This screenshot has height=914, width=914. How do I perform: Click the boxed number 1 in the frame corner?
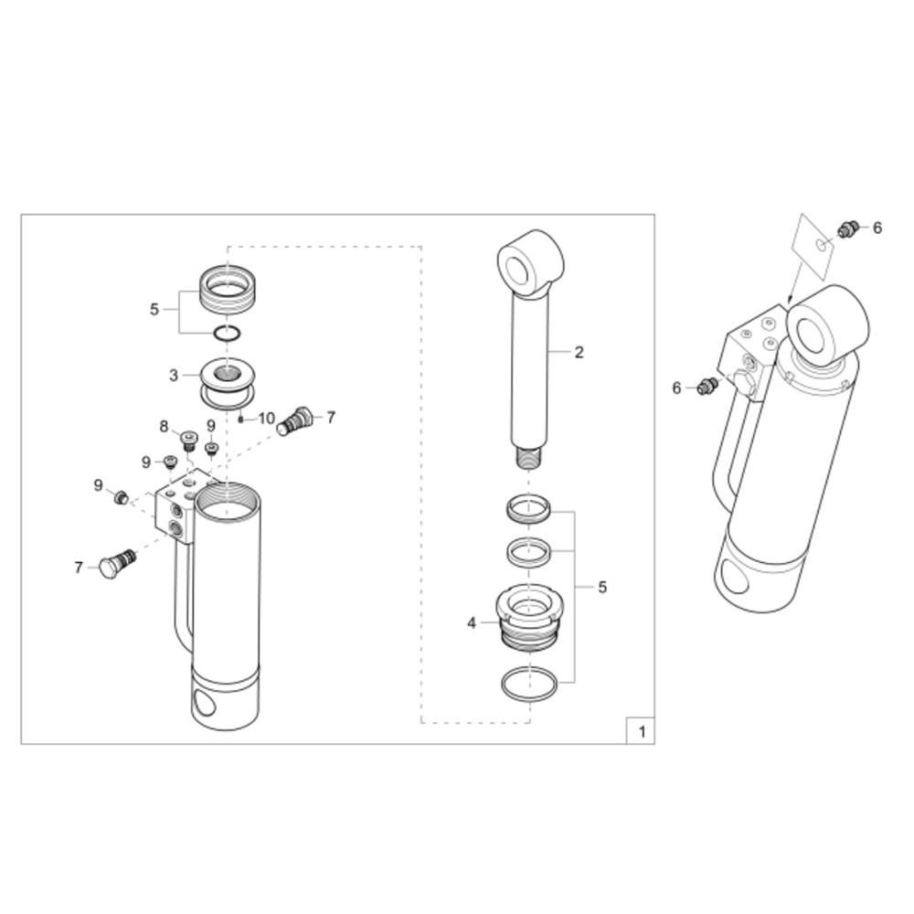point(643,731)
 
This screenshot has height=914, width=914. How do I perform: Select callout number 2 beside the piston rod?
point(579,352)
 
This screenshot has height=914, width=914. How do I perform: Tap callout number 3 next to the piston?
point(173,376)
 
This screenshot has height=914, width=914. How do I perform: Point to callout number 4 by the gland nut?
point(472,623)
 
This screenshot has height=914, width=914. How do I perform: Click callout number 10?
point(266,418)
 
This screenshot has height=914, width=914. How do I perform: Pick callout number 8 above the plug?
point(164,427)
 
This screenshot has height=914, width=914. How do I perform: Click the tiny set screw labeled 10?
point(240,420)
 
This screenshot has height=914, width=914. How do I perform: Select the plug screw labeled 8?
point(189,440)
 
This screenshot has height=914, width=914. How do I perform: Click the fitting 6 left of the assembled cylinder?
point(707,386)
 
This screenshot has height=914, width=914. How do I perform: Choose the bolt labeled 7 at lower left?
point(118,562)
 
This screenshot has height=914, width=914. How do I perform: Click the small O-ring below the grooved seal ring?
point(226,334)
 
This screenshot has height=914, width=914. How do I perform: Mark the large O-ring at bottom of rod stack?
point(529,685)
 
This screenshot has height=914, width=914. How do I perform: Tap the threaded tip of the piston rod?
point(529,455)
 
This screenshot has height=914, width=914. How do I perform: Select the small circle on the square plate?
point(823,245)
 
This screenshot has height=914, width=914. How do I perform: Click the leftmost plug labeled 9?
point(121,497)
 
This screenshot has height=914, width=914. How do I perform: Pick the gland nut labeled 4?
point(529,618)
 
